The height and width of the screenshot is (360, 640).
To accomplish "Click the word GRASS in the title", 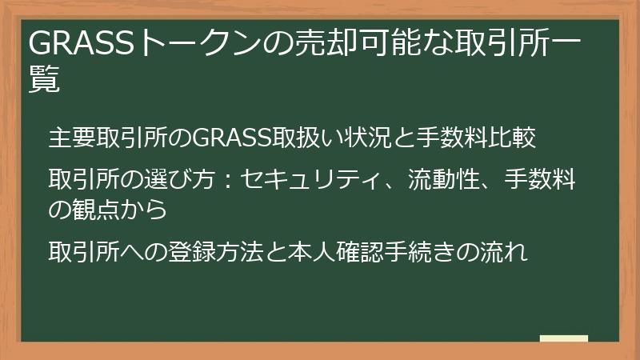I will point(82,42).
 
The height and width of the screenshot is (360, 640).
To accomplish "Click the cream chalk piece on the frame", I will point(564,339).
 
